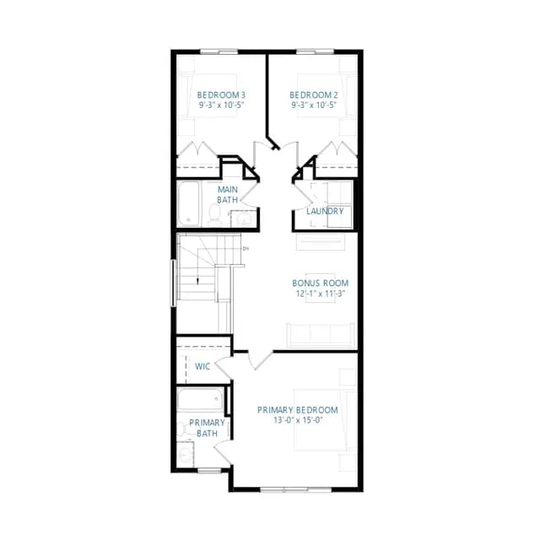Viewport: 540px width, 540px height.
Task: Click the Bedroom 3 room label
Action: (x=221, y=94)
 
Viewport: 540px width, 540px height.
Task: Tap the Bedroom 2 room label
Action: (x=313, y=94)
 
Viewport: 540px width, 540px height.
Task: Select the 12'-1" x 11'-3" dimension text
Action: (x=321, y=294)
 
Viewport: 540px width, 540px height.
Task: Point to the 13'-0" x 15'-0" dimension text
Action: (x=298, y=420)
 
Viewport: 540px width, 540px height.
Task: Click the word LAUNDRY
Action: (x=325, y=211)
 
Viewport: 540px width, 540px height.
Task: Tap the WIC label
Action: (x=202, y=366)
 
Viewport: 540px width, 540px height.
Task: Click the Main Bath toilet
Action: (x=215, y=214)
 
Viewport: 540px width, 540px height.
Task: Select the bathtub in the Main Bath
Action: (x=189, y=204)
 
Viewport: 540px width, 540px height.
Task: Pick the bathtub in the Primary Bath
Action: (x=200, y=399)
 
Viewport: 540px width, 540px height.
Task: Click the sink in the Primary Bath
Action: (x=186, y=455)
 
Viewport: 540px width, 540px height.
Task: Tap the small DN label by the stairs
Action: (x=246, y=248)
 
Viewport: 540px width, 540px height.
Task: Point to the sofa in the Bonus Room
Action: (x=321, y=334)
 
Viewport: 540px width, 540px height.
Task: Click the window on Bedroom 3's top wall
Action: (x=219, y=51)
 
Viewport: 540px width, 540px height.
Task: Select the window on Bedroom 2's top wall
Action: (x=315, y=51)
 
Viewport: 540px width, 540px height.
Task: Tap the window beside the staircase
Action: (x=173, y=283)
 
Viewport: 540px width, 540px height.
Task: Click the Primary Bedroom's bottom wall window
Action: (x=296, y=489)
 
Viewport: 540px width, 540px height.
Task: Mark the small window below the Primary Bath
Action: (x=209, y=471)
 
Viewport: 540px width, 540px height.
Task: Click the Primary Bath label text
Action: (x=207, y=428)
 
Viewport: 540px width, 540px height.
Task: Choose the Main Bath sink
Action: (x=243, y=219)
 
